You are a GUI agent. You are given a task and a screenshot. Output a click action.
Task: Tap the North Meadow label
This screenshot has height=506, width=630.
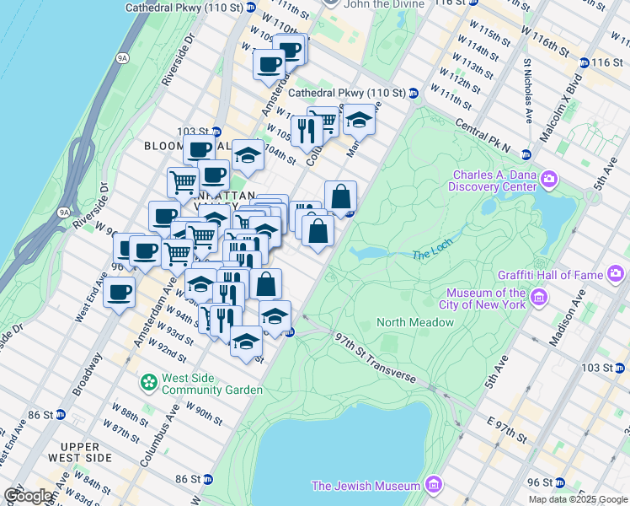415,322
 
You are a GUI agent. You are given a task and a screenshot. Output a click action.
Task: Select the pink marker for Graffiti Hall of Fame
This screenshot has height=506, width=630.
616,273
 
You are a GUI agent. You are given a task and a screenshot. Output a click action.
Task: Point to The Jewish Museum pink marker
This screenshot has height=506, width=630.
434,485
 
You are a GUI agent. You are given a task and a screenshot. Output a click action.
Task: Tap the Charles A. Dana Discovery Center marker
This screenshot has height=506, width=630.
550,180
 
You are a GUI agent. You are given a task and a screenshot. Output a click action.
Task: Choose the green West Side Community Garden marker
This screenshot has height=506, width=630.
149,383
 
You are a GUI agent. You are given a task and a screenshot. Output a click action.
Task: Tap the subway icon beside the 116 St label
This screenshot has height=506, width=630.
584,63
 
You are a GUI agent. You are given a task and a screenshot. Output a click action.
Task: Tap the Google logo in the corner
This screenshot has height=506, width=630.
29,496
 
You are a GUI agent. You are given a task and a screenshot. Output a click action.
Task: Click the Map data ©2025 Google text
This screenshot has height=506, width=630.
579,499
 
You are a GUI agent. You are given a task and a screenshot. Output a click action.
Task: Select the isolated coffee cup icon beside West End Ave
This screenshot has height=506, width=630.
119,293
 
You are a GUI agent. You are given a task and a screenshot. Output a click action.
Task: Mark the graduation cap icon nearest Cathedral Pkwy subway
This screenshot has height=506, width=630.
359,119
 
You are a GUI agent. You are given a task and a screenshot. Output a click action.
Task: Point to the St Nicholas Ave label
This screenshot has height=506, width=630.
528,91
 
